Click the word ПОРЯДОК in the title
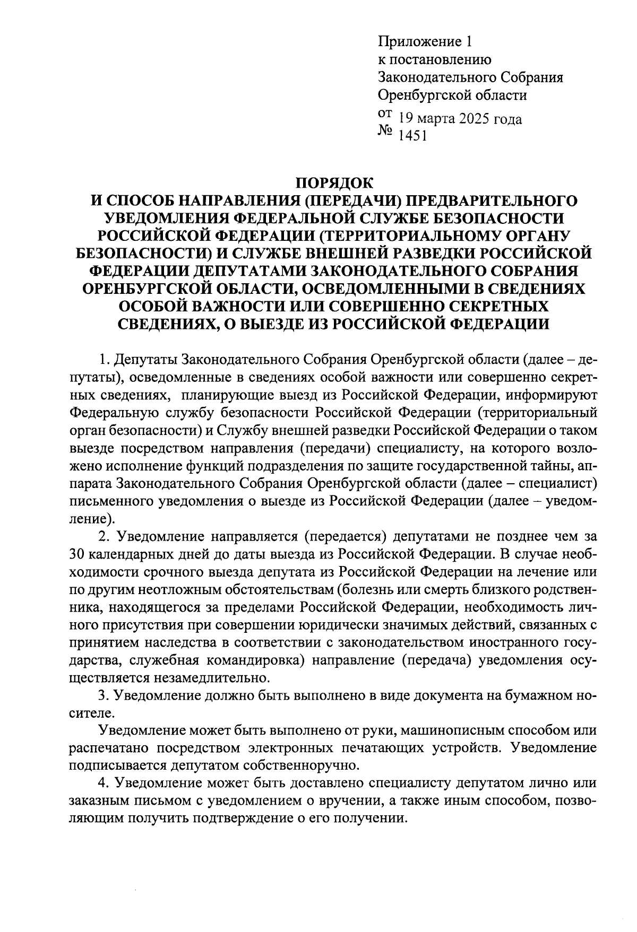334,183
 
